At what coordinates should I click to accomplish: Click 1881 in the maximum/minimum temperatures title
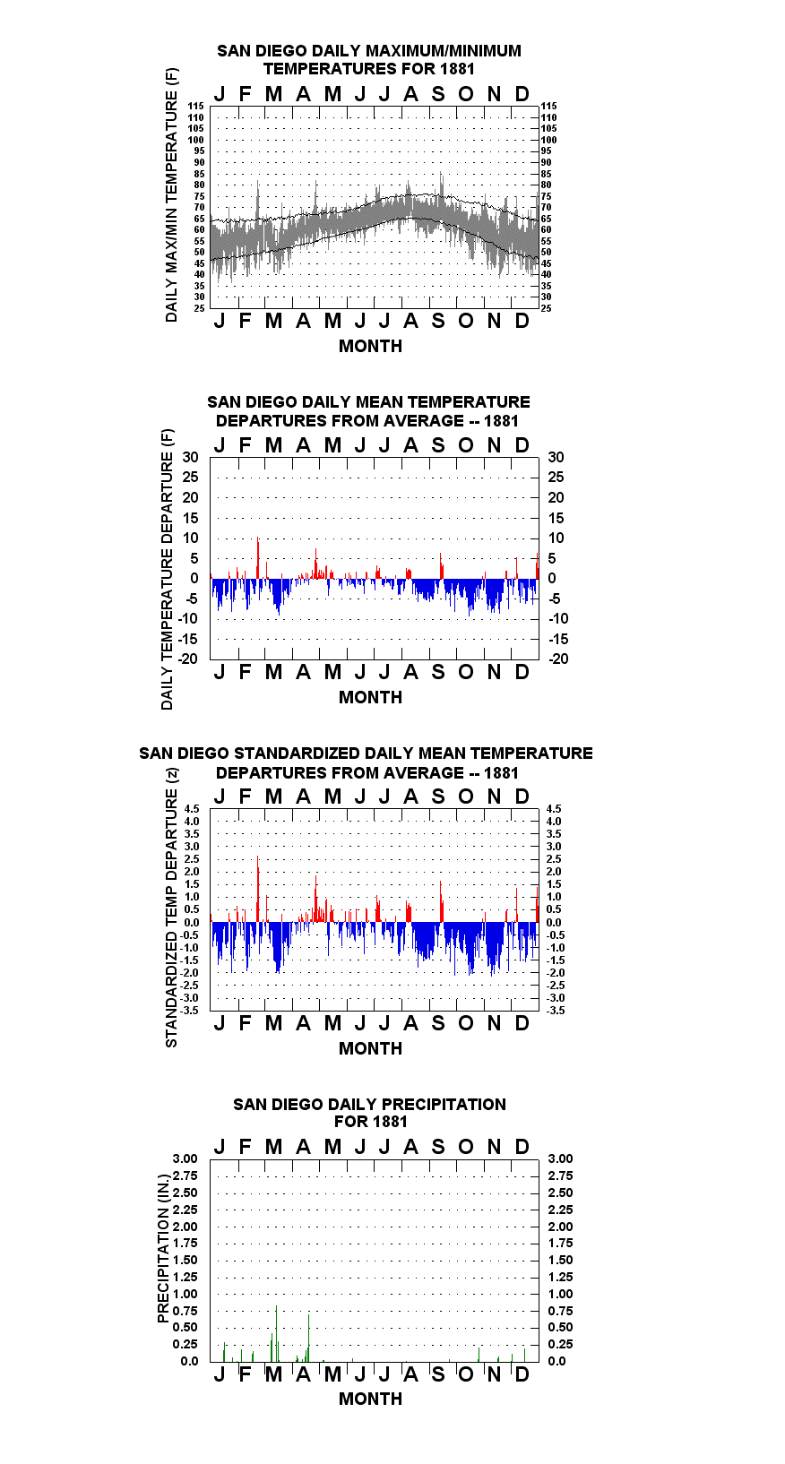coord(457,69)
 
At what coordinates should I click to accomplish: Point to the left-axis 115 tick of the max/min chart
coord(196,106)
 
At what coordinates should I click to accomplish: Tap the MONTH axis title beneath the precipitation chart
coord(371,1399)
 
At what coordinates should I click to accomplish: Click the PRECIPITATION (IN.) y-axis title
coord(163,1248)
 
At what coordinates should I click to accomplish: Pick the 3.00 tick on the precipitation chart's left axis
coord(185,1158)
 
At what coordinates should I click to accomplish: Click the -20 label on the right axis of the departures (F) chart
coord(558,659)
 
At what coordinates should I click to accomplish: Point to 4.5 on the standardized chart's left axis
coord(192,809)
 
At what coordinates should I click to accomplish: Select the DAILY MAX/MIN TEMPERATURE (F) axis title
coord(171,194)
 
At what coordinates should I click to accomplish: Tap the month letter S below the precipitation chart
coord(438,1374)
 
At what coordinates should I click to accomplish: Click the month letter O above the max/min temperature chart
coord(465,95)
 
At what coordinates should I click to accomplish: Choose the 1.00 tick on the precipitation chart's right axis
coord(560,1294)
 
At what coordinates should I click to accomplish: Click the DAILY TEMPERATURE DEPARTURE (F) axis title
coord(168,569)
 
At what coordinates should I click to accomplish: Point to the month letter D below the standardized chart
coord(522,1023)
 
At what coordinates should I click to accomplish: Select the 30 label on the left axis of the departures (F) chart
coord(190,458)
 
